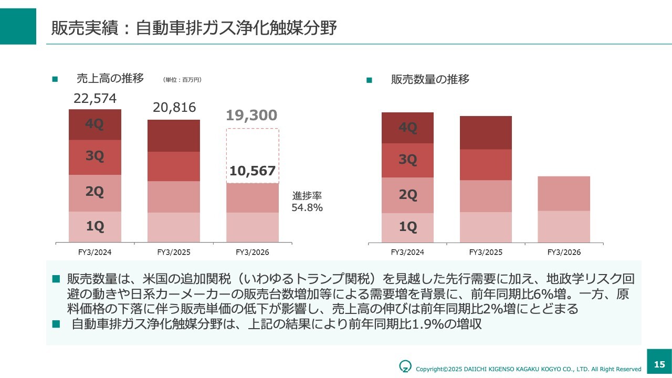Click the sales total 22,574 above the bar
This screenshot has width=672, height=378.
pos(95,99)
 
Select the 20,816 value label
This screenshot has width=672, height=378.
pos(174,108)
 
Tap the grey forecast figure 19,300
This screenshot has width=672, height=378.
pos(251,115)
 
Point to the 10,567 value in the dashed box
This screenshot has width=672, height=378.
pos(253,171)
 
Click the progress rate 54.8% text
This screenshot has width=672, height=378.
pos(307,207)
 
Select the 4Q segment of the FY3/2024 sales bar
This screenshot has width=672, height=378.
pos(95,124)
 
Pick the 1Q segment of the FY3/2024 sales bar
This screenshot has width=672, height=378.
pos(95,226)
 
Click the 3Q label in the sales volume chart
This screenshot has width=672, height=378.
pos(407,159)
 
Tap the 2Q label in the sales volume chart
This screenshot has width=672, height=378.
pos(407,195)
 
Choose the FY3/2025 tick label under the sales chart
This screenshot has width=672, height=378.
pos(174,253)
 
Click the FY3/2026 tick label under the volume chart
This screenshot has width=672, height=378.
pos(564,253)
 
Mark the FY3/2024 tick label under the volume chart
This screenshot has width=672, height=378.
pos(407,253)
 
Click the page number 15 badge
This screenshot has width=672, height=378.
pos(659,364)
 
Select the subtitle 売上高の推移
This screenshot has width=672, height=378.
pos(110,79)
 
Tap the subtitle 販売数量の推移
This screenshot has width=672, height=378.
pos(430,79)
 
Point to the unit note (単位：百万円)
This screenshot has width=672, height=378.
pos(182,80)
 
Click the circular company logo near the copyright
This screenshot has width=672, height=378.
pos(405,366)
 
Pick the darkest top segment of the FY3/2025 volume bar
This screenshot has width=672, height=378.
pos(486,132)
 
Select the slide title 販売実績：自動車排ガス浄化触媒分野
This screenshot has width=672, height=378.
pos(194,28)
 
